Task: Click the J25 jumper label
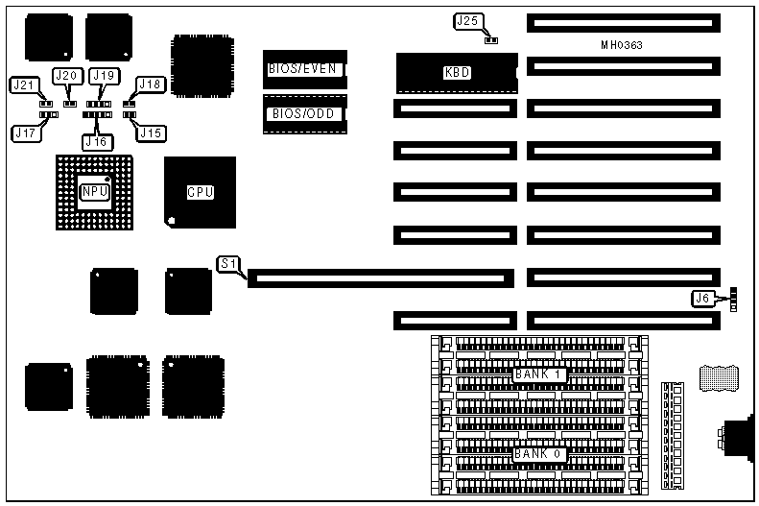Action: click(x=466, y=21)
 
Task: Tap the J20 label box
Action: click(x=66, y=76)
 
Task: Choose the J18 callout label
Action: click(x=151, y=84)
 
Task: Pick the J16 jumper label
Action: click(x=96, y=141)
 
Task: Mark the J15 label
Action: click(x=151, y=133)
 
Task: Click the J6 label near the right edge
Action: click(x=703, y=299)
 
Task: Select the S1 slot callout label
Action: click(x=227, y=263)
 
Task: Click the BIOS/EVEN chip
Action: click(x=303, y=68)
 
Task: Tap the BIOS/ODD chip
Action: click(x=303, y=113)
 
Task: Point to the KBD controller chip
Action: click(x=457, y=72)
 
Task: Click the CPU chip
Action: click(x=200, y=192)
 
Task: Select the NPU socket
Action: click(x=94, y=191)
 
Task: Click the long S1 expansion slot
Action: click(x=380, y=278)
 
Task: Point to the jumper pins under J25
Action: click(x=490, y=40)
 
